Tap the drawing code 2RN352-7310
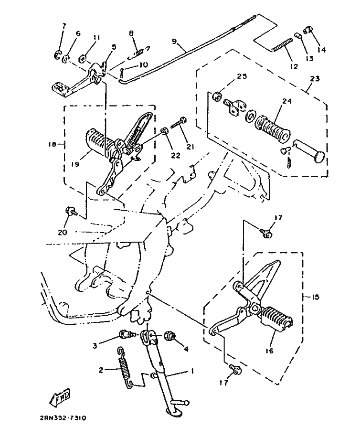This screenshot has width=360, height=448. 64,418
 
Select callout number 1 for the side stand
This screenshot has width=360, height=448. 192,371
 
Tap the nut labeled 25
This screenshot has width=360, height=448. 215,96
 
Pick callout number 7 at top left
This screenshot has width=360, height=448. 65,25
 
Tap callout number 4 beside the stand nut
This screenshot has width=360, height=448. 186,349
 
